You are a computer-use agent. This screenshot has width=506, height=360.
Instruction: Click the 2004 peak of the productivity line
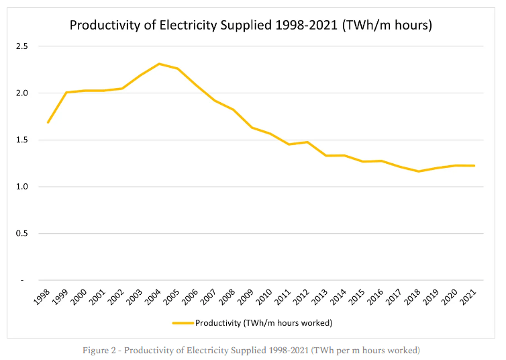[159, 64]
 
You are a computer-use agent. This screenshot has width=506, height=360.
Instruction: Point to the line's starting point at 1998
[48, 122]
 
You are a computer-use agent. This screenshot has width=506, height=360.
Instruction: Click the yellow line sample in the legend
[183, 323]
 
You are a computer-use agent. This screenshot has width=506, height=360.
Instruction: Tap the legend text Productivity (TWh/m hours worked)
[264, 323]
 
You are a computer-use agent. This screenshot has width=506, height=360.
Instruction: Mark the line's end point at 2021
[474, 166]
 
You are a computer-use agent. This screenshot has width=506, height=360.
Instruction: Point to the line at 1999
[67, 93]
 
